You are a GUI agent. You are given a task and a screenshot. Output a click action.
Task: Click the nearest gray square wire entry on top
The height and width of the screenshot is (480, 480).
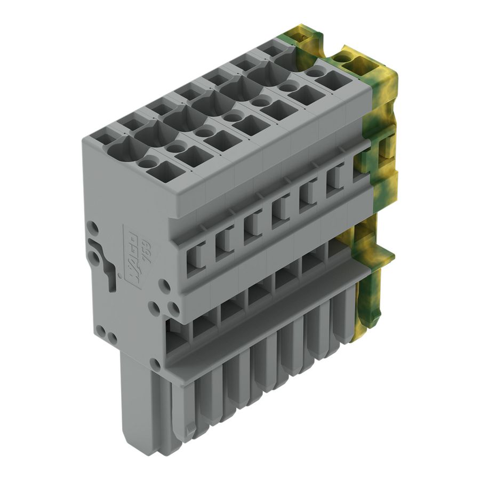coord(162,172)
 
